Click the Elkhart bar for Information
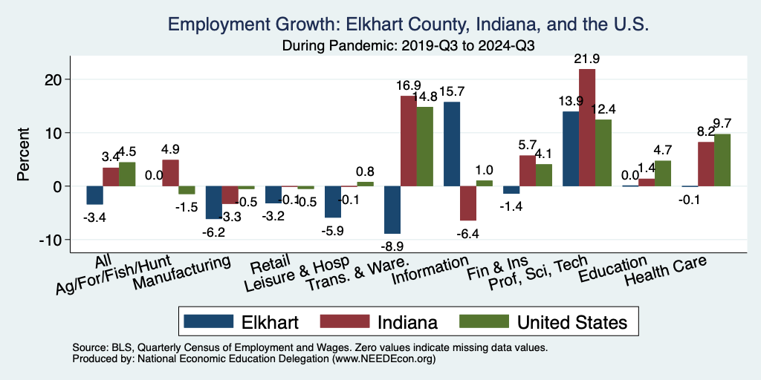click(x=452, y=144)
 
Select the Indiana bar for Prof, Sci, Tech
click(x=587, y=127)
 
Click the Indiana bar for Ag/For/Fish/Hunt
click(x=170, y=173)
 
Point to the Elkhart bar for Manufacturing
click(x=213, y=202)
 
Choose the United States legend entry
click(x=571, y=322)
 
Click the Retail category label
click(x=265, y=265)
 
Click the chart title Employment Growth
click(x=409, y=24)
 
